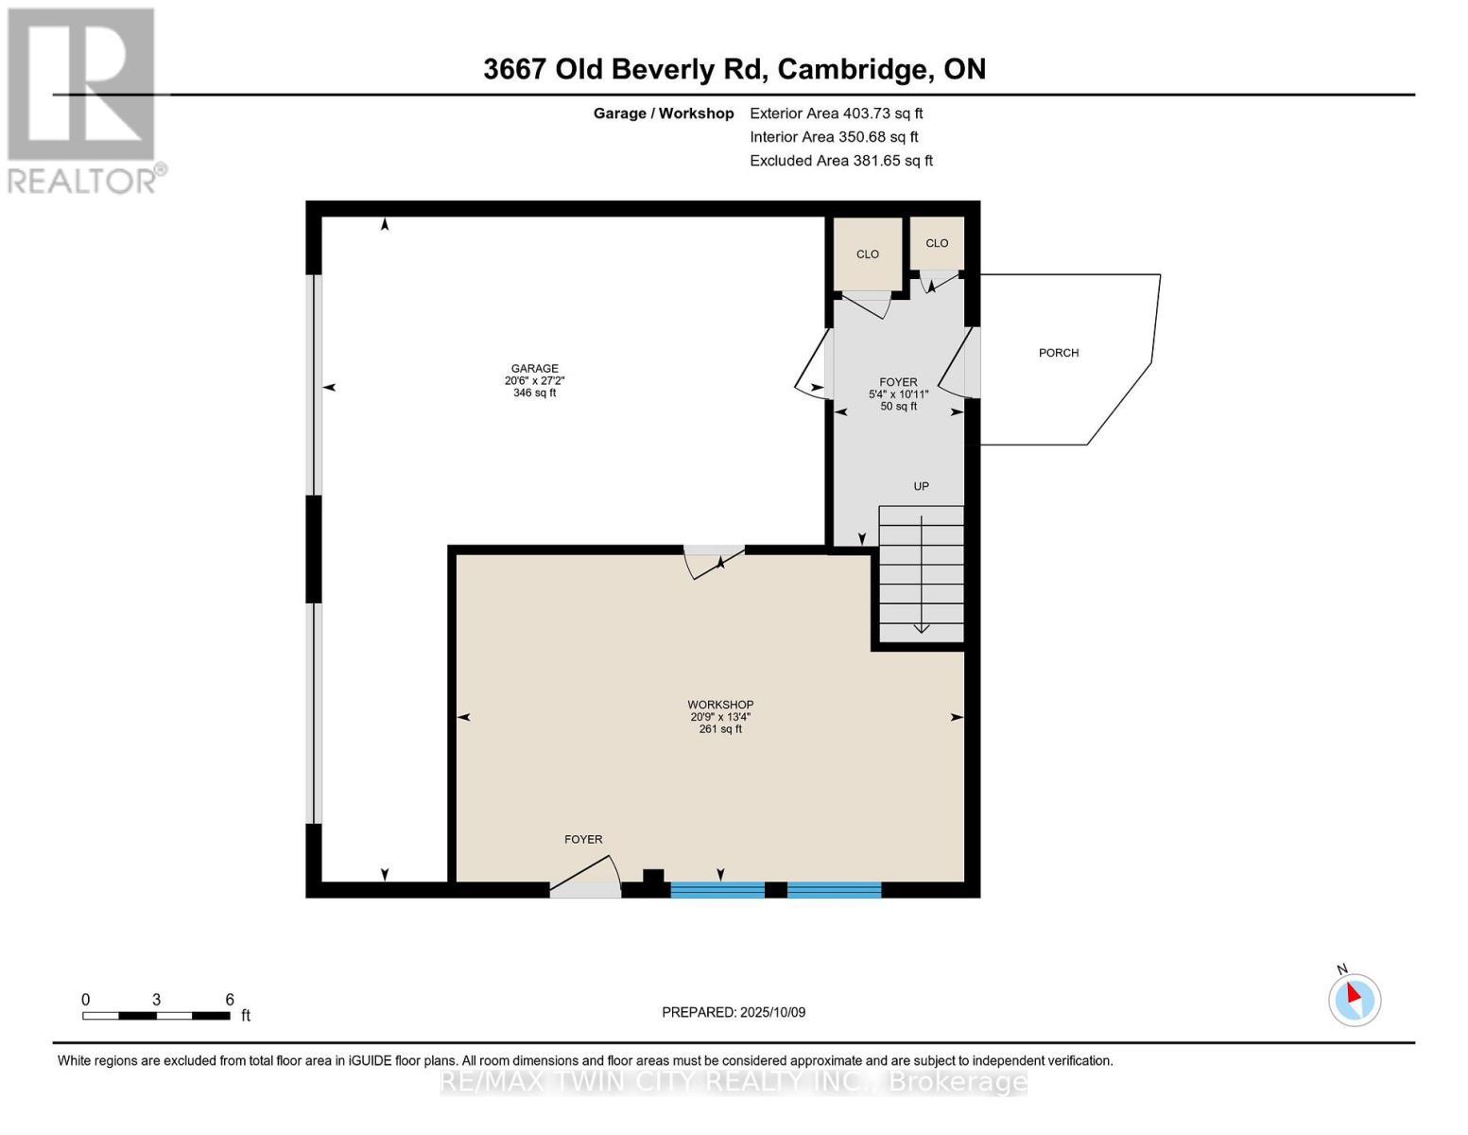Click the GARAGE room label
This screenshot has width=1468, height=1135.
tap(534, 369)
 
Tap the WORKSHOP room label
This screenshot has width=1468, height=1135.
tap(720, 705)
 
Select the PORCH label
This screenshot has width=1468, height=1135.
tap(1059, 353)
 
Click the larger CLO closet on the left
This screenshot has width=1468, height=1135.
tap(868, 253)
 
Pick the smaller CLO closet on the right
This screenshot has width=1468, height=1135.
tap(937, 243)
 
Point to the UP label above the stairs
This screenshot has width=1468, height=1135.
tap(921, 486)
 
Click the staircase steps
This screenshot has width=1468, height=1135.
tap(922, 574)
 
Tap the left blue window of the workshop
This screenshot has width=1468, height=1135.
tap(717, 889)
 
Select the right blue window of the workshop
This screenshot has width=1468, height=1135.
tap(834, 889)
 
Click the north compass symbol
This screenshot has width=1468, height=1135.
tap(1355, 999)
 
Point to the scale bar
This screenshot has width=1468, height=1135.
tap(156, 1016)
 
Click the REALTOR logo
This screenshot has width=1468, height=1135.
tap(83, 99)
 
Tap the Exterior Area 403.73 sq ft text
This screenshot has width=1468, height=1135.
tap(836, 113)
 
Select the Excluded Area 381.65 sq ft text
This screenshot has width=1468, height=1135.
tap(841, 161)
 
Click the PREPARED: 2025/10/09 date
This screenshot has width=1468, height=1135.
tap(734, 1012)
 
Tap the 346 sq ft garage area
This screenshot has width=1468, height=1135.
tap(534, 393)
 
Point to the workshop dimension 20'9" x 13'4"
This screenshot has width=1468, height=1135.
tap(720, 717)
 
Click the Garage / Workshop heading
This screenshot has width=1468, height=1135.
tap(664, 113)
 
